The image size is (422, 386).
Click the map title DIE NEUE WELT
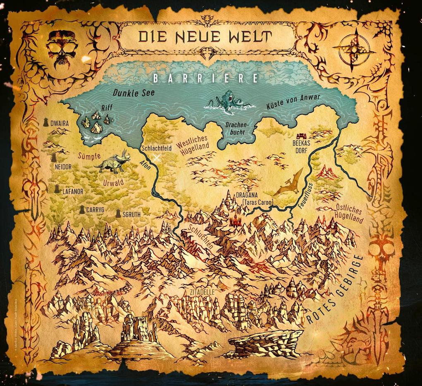(206, 36)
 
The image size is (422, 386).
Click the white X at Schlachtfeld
(156, 158)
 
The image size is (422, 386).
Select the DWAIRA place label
(59, 123)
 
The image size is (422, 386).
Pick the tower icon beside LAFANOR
(57, 189)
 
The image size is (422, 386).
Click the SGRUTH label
(132, 215)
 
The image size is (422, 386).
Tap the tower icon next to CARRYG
(83, 209)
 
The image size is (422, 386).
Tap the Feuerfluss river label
(306, 194)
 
